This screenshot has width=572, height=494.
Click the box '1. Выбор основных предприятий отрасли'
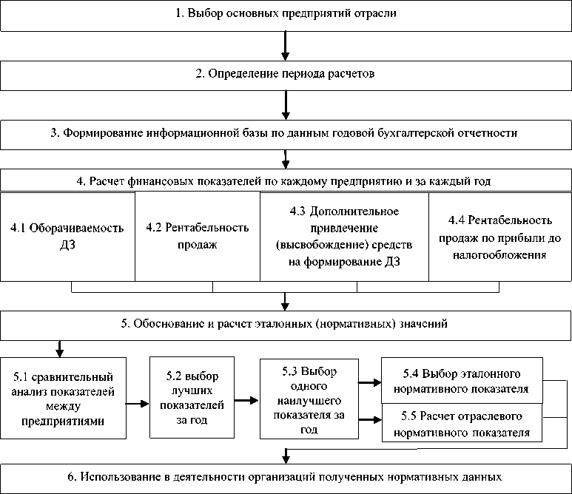point(286,16)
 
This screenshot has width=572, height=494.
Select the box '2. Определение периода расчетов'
point(286,75)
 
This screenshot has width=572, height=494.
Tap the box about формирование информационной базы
point(286,134)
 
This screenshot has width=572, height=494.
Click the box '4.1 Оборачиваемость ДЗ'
point(67,236)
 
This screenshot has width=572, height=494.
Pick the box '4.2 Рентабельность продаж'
point(198,236)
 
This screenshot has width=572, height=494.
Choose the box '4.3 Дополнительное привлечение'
point(345,236)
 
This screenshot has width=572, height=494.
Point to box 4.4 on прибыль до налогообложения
point(501,236)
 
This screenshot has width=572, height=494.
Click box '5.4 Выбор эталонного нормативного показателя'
point(461,379)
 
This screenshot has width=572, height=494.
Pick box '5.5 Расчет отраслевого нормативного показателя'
point(461,424)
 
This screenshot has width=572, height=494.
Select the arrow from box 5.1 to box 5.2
point(136,404)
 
